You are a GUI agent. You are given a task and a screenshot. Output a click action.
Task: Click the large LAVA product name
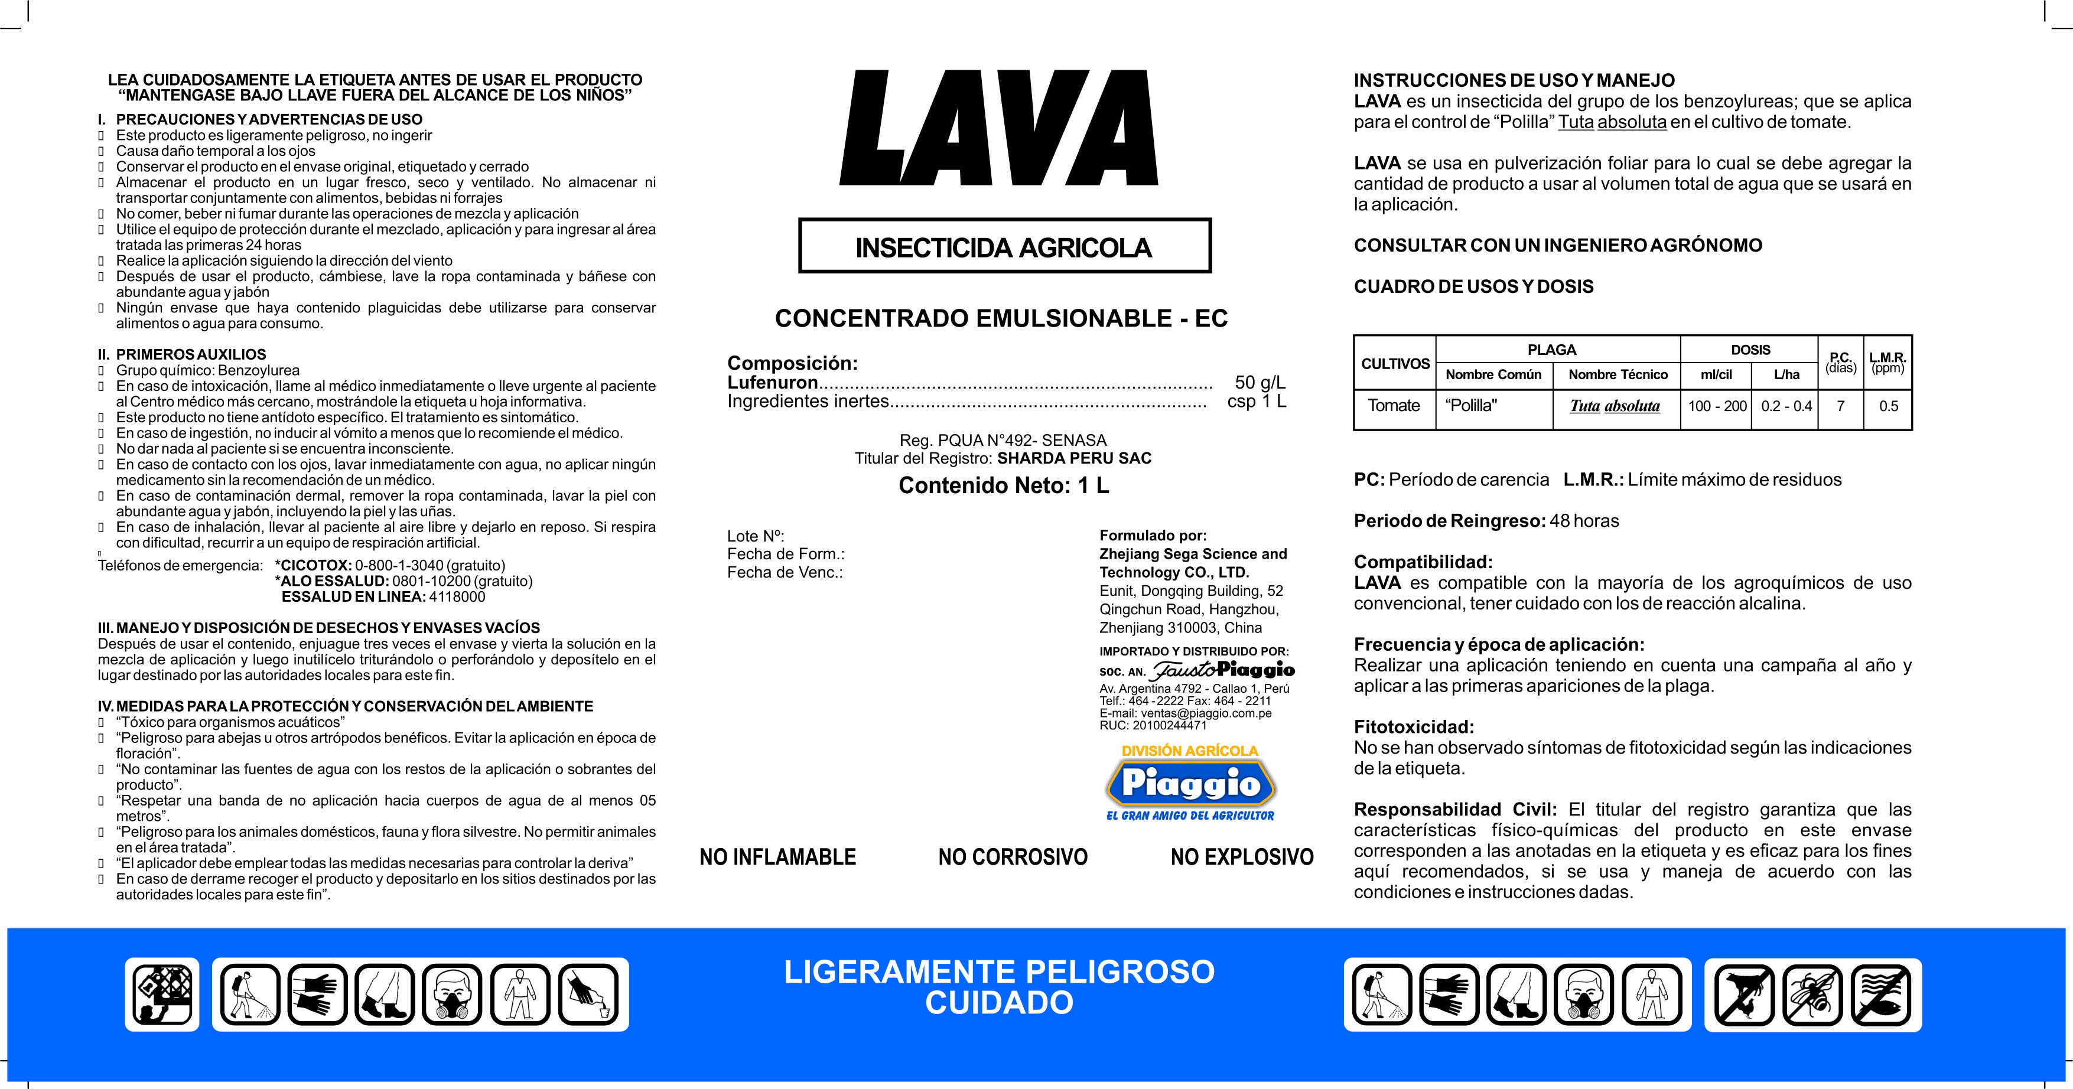pos(998,129)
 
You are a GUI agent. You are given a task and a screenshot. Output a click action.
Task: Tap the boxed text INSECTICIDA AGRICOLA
pos(1004,247)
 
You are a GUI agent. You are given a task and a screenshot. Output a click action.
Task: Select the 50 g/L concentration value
pos(1260,383)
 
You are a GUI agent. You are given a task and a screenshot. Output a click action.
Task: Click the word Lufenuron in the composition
pos(773,383)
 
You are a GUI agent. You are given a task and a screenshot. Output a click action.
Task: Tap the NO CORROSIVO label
pos(1013,857)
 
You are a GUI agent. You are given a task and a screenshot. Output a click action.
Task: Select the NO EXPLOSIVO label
pos(1242,857)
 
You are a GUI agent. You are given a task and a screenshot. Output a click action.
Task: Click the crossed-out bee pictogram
pos(1812,995)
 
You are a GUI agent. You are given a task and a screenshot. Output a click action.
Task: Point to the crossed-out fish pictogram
pos(1880,995)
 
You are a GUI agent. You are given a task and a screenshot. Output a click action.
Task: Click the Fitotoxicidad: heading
pos(1414,727)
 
